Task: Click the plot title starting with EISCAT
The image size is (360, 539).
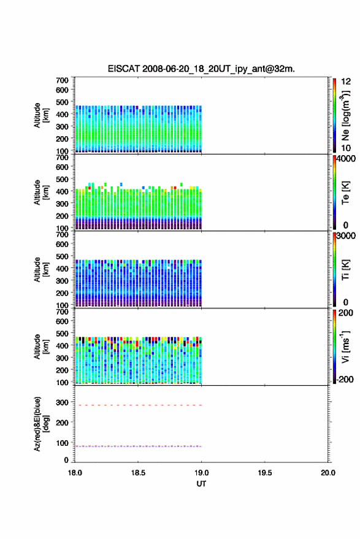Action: coord(201,69)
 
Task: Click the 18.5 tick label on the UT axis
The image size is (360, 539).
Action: coord(138,473)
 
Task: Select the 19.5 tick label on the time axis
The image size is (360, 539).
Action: coord(265,473)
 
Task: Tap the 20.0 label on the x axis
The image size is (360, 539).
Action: coord(328,473)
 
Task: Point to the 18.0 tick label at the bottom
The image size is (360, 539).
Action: coord(75,473)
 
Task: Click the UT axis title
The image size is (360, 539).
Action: coord(201,484)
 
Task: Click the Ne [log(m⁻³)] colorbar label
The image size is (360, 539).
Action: coord(345,115)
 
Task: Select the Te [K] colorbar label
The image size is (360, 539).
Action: coord(345,193)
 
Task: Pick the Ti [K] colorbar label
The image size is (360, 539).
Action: coord(345,270)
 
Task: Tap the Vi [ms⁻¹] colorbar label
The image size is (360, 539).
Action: coord(345,347)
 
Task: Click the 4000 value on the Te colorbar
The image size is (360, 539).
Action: coord(346,159)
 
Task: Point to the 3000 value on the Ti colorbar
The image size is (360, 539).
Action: coord(346,236)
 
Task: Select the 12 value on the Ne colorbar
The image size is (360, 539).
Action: coord(347,82)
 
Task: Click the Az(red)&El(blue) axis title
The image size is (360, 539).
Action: coord(41,424)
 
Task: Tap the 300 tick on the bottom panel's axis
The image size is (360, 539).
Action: coord(62,402)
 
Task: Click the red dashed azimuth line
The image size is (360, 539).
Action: coord(138,405)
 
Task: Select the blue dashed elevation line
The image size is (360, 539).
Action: coord(138,446)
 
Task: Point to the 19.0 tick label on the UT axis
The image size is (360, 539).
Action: coord(202,473)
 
